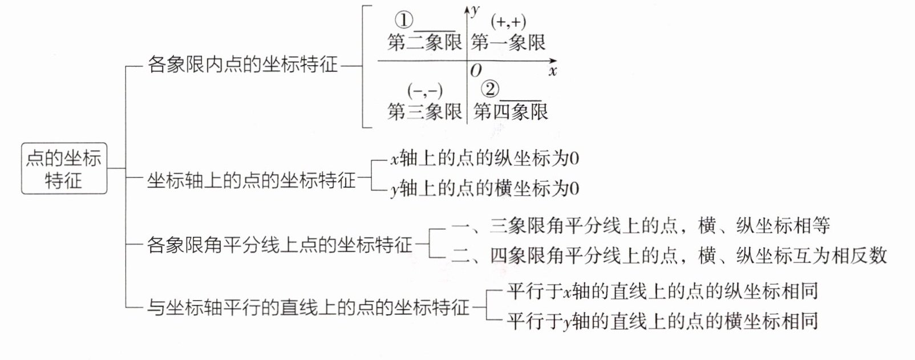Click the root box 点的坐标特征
click(x=64, y=169)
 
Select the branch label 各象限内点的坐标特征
click(x=242, y=64)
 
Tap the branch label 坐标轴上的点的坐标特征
click(x=251, y=180)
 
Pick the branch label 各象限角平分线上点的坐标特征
click(x=280, y=245)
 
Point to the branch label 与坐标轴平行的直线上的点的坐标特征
click(x=308, y=308)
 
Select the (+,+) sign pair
click(x=508, y=22)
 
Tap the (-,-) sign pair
click(x=425, y=91)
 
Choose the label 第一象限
click(x=508, y=42)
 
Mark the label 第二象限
click(x=424, y=42)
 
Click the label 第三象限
click(x=424, y=111)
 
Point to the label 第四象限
click(x=511, y=111)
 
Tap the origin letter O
click(x=476, y=71)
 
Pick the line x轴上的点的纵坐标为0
click(x=485, y=158)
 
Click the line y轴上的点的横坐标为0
click(x=485, y=188)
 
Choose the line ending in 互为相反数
click(x=669, y=255)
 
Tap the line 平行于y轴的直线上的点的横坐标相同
click(x=662, y=321)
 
